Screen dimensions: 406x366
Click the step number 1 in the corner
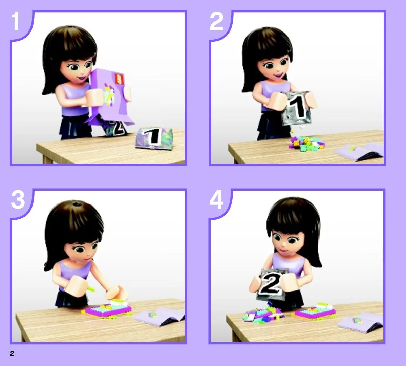(15, 22)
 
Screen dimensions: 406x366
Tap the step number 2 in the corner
(216, 22)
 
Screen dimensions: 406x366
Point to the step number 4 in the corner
(216, 200)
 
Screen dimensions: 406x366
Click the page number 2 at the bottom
(12, 353)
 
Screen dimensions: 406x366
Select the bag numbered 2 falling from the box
(116, 127)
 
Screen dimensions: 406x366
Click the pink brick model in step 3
(107, 308)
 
